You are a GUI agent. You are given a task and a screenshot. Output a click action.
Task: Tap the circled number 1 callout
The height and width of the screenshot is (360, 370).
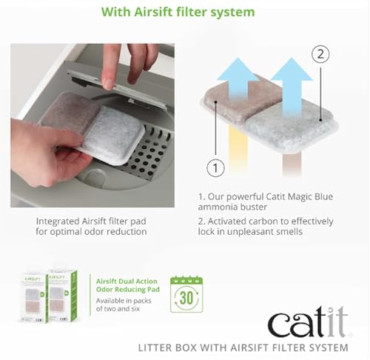click(x=215, y=168)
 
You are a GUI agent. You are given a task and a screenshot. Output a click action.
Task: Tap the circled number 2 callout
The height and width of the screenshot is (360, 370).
click(x=320, y=53)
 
